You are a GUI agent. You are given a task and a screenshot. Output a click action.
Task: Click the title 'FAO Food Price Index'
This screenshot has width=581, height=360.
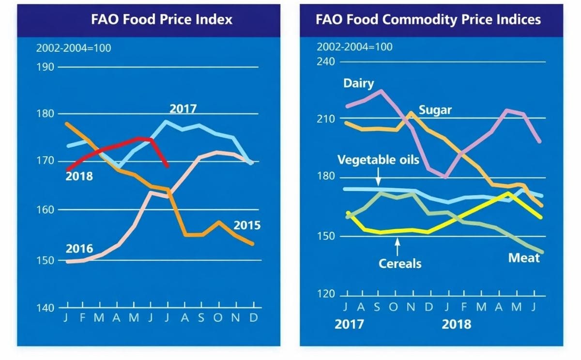(162, 19)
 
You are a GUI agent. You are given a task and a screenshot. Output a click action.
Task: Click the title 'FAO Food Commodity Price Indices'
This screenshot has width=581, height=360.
(428, 19)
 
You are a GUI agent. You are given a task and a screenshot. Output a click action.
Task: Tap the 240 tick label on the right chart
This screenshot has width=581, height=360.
(325, 62)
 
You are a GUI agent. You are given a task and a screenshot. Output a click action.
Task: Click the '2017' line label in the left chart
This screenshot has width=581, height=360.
(183, 108)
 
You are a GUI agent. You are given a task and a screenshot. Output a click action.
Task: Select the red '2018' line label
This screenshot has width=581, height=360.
(79, 176)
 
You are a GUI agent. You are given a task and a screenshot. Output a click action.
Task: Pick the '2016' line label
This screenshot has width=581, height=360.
(79, 249)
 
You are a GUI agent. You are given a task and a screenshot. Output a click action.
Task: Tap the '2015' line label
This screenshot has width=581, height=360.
(247, 225)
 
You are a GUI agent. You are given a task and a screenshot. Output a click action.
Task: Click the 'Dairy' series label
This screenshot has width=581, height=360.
(359, 83)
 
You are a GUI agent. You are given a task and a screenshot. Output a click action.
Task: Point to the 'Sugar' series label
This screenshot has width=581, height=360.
(435, 110)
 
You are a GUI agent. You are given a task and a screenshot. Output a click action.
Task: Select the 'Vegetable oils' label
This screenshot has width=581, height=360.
(378, 160)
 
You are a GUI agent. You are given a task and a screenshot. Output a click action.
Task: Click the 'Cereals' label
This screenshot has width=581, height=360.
(400, 264)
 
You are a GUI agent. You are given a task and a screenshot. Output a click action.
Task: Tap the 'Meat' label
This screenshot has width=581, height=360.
(523, 258)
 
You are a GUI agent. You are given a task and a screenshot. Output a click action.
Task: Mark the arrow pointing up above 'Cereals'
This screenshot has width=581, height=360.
(398, 247)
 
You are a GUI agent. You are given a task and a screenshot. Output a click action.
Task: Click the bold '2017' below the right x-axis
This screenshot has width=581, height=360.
(349, 324)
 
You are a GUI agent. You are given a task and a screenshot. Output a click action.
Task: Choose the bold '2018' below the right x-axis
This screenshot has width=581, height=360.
(456, 324)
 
